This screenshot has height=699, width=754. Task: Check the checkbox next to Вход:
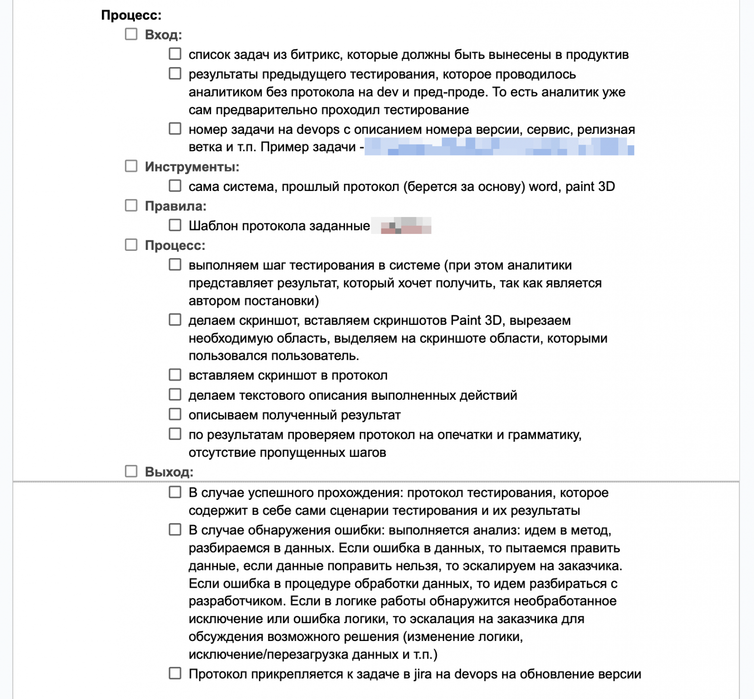tap(131, 34)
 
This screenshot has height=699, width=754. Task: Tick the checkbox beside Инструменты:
tap(131, 166)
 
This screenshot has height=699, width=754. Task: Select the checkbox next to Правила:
tap(131, 205)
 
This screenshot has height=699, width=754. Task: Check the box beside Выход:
tap(131, 471)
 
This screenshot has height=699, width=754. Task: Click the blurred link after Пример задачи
tap(499, 146)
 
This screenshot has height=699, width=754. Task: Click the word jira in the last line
tap(422, 674)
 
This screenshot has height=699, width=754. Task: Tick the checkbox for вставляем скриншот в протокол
tap(175, 375)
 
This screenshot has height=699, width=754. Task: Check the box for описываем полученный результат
tap(175, 414)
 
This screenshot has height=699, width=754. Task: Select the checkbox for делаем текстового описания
tap(175, 394)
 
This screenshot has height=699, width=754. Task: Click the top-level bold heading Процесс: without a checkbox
tap(131, 15)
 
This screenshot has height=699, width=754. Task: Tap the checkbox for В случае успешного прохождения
tap(175, 493)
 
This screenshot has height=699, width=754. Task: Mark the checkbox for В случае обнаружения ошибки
tap(175, 530)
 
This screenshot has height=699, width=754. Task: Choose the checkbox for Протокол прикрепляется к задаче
tap(175, 673)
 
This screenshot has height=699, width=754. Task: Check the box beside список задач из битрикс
tap(175, 54)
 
